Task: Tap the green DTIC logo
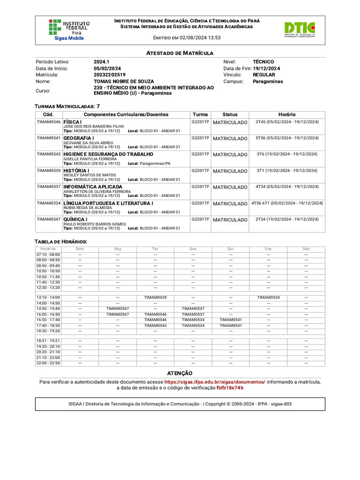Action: pos(299,29)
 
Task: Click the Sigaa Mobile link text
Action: pos(69,38)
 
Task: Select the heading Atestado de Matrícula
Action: pos(180,53)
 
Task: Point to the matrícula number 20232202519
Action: pos(110,75)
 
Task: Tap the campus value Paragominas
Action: pos(268,81)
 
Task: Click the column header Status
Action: pos(230,114)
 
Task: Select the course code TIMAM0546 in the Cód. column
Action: pos(49,122)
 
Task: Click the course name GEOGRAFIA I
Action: pos(79,138)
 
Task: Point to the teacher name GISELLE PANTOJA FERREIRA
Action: pos(90,159)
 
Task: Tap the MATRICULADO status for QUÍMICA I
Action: pos(230,220)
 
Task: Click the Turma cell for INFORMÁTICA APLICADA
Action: pos(200,187)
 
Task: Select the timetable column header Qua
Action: pos(193,249)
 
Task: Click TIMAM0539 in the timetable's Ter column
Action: pos(155,297)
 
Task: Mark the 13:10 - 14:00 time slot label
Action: pos(48,297)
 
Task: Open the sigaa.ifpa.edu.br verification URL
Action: pos(214,382)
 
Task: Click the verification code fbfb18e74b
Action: pos(230,388)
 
